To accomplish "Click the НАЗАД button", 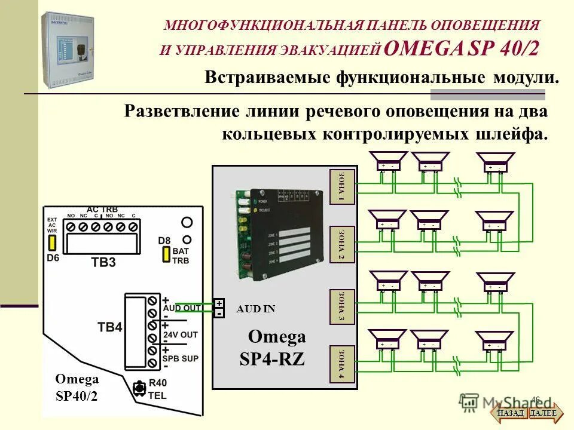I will (x=510, y=413).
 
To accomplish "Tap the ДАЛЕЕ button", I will (x=543, y=413).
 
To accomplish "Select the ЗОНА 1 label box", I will (x=342, y=188).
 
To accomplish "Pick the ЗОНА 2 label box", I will (x=342, y=244).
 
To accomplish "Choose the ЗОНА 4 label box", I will (x=342, y=364).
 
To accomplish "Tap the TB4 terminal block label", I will (x=110, y=327).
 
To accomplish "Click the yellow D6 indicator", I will (x=52, y=242).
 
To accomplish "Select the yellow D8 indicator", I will (x=165, y=254).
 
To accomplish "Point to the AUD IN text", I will (x=256, y=309).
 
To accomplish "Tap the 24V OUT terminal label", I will (x=180, y=334).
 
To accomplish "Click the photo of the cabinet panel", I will (x=68, y=50).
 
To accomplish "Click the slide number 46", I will (x=535, y=400).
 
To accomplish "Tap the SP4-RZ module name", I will (x=271, y=359).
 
